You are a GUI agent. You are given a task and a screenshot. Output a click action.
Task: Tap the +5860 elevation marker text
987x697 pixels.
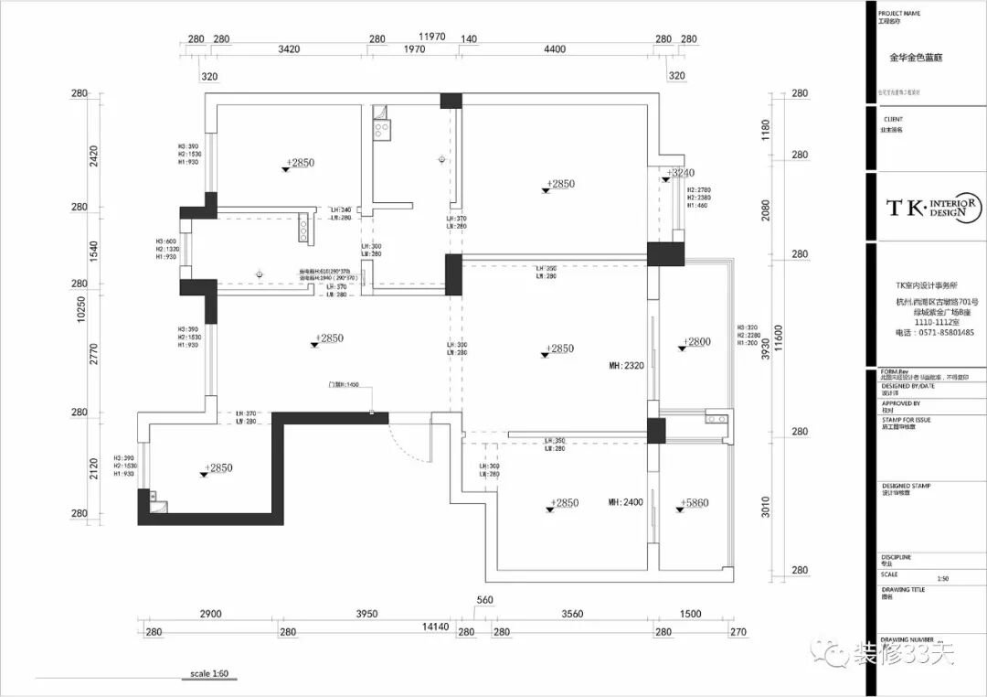(x=695, y=503)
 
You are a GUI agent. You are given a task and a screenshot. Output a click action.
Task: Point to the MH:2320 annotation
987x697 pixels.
(x=627, y=366)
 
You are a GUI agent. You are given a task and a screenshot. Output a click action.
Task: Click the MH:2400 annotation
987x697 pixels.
(x=627, y=502)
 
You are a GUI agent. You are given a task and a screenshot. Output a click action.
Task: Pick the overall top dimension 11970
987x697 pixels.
(x=431, y=37)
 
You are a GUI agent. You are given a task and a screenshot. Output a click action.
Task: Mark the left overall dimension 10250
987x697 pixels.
(x=81, y=310)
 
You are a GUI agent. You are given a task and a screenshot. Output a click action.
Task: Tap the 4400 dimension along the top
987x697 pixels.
(x=555, y=49)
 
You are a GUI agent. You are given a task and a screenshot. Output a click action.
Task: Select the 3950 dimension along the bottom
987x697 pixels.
(x=366, y=614)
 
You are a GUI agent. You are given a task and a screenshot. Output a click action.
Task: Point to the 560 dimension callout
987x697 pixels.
(x=484, y=601)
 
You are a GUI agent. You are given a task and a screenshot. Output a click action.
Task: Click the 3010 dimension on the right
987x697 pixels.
(x=766, y=506)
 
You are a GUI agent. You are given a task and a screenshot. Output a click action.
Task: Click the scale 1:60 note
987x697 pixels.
(x=209, y=674)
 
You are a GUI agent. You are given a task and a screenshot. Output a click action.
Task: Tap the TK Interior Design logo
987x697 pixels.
(x=932, y=207)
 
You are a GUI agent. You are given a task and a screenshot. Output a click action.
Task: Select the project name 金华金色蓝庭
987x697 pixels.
(x=916, y=57)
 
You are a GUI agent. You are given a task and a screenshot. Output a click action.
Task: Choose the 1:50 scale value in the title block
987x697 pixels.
(x=943, y=579)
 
